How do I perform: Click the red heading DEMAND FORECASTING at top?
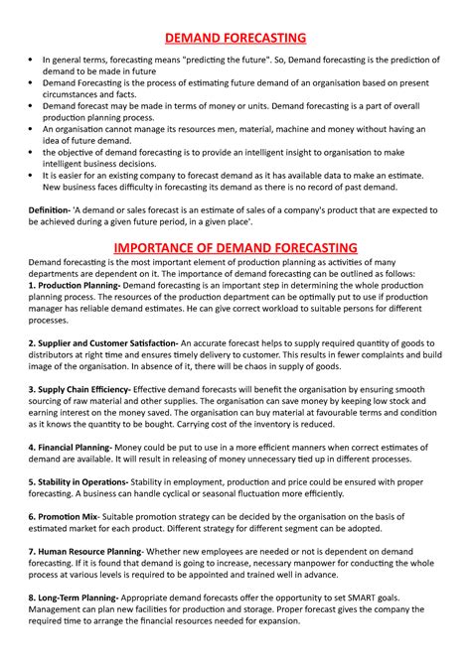(235, 38)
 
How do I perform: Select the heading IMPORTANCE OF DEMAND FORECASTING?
(235, 245)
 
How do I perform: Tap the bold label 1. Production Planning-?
(68, 284)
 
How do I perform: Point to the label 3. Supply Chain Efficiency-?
(75, 390)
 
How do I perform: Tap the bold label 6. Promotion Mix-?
(57, 516)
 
